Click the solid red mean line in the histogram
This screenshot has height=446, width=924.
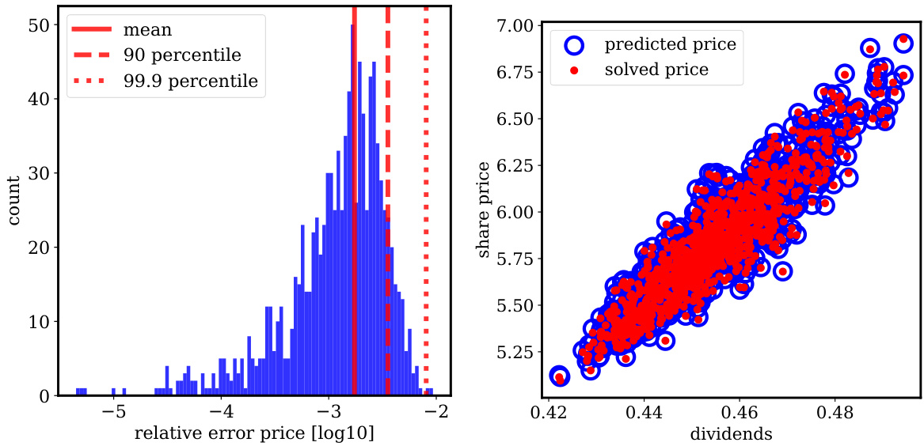coord(354,198)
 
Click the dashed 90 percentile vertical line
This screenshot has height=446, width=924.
coord(388,198)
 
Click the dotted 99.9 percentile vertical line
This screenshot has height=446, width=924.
coord(426,198)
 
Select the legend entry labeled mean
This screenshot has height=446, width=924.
coord(147,31)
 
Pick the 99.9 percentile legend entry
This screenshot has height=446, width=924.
coord(190,81)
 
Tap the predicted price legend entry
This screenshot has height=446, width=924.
coord(670,44)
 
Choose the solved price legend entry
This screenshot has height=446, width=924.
coord(656,70)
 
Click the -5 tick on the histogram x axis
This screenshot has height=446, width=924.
coord(116,412)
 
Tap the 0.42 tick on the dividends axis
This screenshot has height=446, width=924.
coord(546,412)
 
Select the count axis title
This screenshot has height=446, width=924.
coord(14,202)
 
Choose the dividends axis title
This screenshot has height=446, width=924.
coord(730,433)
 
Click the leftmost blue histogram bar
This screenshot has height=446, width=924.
coord(78,391)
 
